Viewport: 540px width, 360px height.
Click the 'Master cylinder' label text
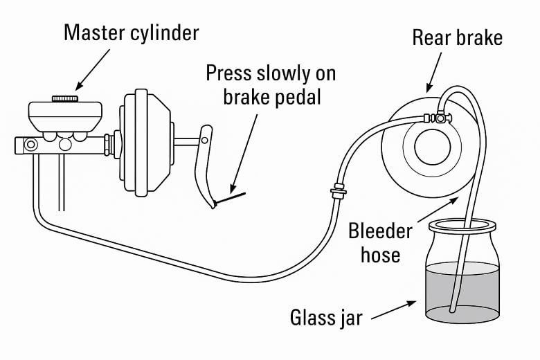coord(132,33)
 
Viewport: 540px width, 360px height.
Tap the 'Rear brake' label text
coord(458,37)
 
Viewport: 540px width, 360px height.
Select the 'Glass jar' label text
coord(326,318)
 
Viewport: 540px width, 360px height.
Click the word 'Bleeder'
coord(380,231)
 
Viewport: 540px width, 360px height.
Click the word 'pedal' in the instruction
coord(296,97)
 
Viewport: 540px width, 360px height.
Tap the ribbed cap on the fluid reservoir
coord(65,98)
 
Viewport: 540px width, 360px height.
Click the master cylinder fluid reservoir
coord(65,117)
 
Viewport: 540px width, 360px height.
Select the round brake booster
coord(145,143)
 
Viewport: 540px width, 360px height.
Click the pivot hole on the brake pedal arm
coord(204,141)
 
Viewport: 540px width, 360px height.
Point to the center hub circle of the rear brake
coord(432,147)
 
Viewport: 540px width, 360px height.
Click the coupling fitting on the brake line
coord(339,191)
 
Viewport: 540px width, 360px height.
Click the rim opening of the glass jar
coord(462,226)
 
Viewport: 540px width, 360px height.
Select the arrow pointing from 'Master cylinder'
coord(92,70)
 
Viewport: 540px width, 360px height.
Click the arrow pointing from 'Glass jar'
coord(394,310)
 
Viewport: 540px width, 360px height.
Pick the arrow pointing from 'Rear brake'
coord(434,73)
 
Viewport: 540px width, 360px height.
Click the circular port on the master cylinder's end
coord(30,144)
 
